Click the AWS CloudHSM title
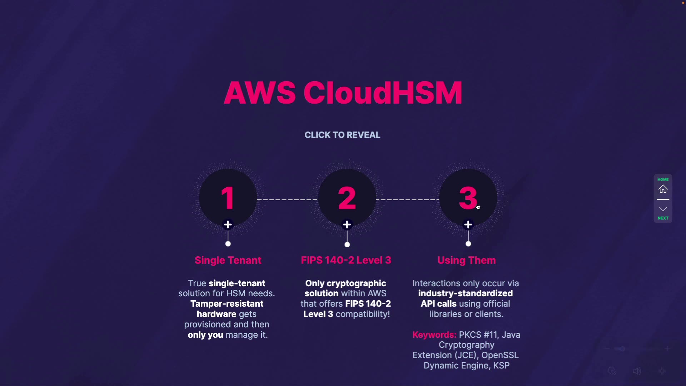(x=343, y=93)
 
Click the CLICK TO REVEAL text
(x=342, y=135)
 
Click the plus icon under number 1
(x=228, y=224)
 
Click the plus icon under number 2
(x=347, y=224)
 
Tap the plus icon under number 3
(x=468, y=224)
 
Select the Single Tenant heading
(x=228, y=260)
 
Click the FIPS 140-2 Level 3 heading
(x=346, y=260)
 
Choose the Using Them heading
(x=466, y=260)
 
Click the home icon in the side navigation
(x=663, y=189)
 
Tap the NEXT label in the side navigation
(x=663, y=218)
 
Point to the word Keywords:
(x=434, y=335)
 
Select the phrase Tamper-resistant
(x=227, y=304)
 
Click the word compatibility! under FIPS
(x=363, y=314)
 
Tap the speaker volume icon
(x=637, y=371)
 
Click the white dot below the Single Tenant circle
(x=228, y=244)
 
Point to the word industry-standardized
(x=466, y=293)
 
